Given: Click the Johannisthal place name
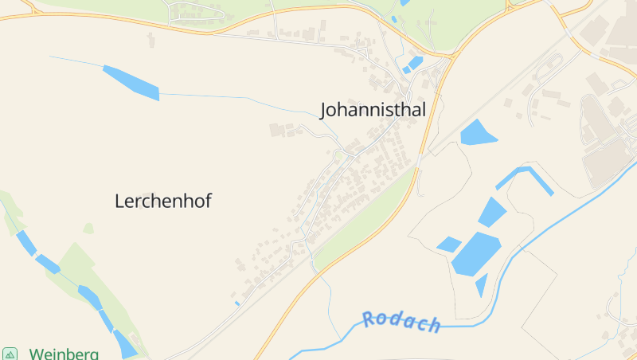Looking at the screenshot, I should pyautogui.click(x=373, y=110).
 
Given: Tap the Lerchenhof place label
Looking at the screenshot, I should pyautogui.click(x=163, y=202).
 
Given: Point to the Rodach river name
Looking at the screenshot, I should pyautogui.click(x=401, y=322).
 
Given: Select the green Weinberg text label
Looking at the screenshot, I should pyautogui.click(x=64, y=354).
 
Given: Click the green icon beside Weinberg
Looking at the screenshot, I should pyautogui.click(x=10, y=354).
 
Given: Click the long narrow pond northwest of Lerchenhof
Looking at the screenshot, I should pyautogui.click(x=131, y=83).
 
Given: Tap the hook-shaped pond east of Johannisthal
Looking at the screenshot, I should pyautogui.click(x=526, y=177).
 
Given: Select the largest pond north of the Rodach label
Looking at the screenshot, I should pyautogui.click(x=476, y=253).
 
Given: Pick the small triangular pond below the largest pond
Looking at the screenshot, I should pyautogui.click(x=482, y=284).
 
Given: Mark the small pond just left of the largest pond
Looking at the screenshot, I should pyautogui.click(x=448, y=245).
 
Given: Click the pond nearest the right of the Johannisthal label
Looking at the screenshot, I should pyautogui.click(x=477, y=132).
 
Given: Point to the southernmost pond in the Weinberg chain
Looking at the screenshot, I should pyautogui.click(x=125, y=344).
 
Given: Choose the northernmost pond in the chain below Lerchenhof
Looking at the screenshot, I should pyautogui.click(x=25, y=242).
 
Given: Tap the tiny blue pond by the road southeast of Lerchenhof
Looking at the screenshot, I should pyautogui.click(x=237, y=303).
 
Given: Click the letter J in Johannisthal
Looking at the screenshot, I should pyautogui.click(x=324, y=111).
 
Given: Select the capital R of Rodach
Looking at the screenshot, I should pyautogui.click(x=369, y=319).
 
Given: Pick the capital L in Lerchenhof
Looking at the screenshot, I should pyautogui.click(x=120, y=202).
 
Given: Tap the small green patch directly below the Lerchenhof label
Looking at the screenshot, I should pyautogui.click(x=88, y=229).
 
